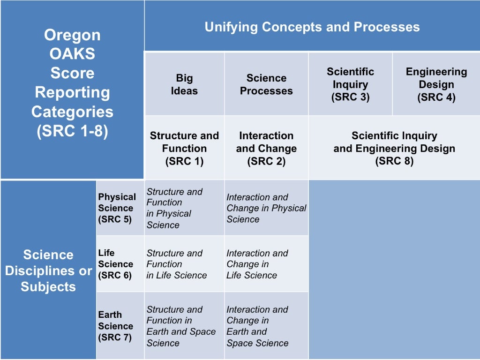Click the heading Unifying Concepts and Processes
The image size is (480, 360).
point(312,27)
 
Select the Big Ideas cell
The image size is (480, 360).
point(184,84)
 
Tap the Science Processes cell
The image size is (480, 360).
point(266,84)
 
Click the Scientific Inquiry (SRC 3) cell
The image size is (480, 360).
point(350,84)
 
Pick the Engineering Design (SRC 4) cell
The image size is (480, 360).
point(436,84)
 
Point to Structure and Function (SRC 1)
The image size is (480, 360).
point(184,148)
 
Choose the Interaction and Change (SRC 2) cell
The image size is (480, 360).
point(266,148)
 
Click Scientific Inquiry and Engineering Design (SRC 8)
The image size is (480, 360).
point(394,148)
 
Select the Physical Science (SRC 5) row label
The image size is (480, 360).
point(117,208)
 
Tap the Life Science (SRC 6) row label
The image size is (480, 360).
point(115,264)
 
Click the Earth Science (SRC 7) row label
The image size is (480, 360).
point(115,326)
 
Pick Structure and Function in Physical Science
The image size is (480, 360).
point(174,208)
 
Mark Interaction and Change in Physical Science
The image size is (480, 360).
point(266,208)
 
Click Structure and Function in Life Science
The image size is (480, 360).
point(176,264)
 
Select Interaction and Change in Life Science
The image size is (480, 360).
point(257,264)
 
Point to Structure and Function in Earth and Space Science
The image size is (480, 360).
point(180,326)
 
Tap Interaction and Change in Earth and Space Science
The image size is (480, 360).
point(257,326)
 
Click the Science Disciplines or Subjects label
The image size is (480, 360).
point(48,270)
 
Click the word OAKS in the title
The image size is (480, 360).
point(72,54)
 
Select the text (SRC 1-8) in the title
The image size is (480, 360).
point(72,131)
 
